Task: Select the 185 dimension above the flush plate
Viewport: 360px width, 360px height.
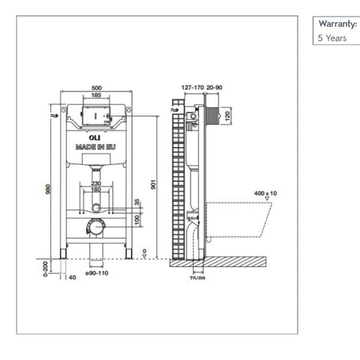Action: click(96, 95)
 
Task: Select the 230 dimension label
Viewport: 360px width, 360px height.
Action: click(96, 184)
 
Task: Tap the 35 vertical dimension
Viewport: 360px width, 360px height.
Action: click(137, 202)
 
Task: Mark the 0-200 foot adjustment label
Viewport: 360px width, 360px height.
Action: click(45, 268)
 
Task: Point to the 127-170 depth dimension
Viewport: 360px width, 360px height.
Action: click(191, 87)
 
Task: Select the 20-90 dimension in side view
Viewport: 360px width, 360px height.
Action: click(214, 87)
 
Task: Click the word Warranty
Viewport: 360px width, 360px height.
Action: click(337, 24)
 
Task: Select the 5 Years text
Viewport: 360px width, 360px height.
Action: click(331, 37)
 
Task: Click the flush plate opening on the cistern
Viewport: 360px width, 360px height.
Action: click(96, 117)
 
